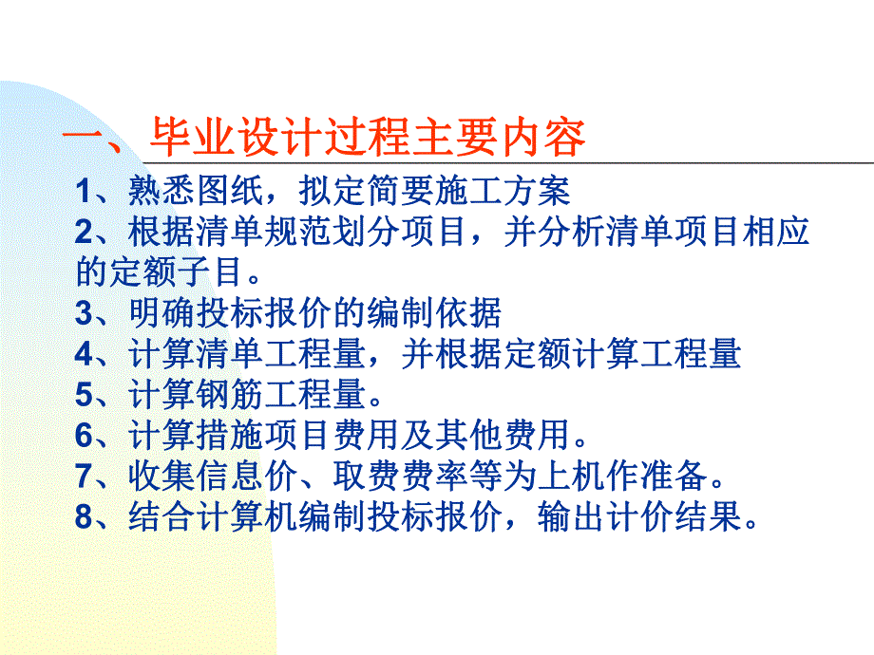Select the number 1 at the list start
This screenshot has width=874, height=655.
click(x=84, y=192)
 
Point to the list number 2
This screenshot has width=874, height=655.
click(x=84, y=233)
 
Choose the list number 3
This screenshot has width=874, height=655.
click(x=84, y=314)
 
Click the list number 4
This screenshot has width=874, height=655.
click(x=84, y=355)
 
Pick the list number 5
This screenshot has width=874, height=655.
click(x=84, y=396)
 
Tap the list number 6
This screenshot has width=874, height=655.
click(x=84, y=437)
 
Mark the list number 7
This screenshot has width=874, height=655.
click(x=84, y=477)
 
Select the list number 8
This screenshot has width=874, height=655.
click(x=84, y=518)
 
